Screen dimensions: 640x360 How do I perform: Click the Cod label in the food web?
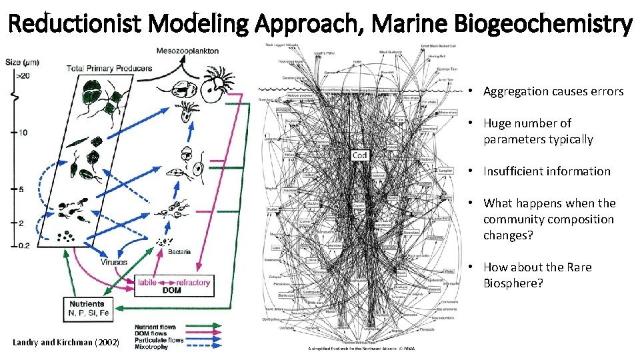(359, 155)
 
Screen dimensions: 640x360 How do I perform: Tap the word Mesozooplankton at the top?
(187, 51)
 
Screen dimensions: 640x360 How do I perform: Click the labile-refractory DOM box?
(174, 287)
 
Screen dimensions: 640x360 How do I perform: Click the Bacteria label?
(179, 251)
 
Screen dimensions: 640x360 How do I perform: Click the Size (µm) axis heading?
(23, 63)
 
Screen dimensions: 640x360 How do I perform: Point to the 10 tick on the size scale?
(21, 132)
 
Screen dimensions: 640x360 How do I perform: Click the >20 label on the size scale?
(22, 75)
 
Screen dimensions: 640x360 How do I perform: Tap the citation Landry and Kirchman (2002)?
(66, 343)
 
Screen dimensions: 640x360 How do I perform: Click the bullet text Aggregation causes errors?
(553, 91)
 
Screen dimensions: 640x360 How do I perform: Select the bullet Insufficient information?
(547, 171)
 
